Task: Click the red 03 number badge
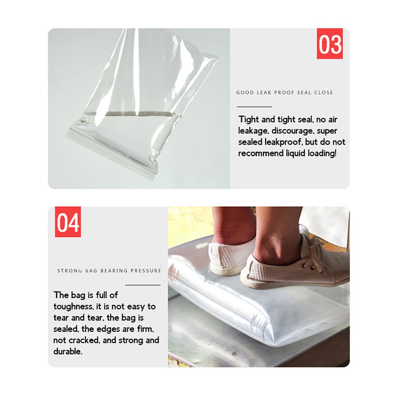click(x=329, y=43)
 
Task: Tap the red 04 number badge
click(x=68, y=222)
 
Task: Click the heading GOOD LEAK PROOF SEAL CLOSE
click(x=284, y=92)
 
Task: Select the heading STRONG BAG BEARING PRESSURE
click(x=109, y=271)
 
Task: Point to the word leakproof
click(x=283, y=142)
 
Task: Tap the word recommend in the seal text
click(x=261, y=153)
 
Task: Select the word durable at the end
click(x=68, y=351)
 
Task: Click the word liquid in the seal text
click(x=295, y=154)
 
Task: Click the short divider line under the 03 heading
click(x=254, y=107)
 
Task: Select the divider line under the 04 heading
click(x=143, y=285)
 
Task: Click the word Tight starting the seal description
click(x=249, y=119)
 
